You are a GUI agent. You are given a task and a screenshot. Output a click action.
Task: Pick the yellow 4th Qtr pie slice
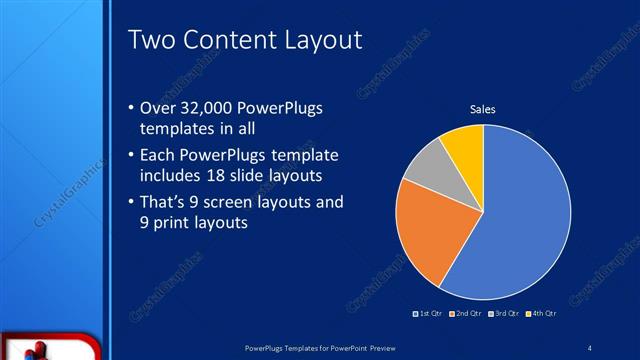coord(466,143)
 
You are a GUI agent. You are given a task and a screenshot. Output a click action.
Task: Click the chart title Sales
coord(483,109)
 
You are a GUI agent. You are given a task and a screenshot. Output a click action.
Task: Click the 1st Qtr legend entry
coord(430,314)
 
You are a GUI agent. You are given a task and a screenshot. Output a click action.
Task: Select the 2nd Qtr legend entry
coord(467,314)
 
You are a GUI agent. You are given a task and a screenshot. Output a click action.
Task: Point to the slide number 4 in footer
coord(589,347)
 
